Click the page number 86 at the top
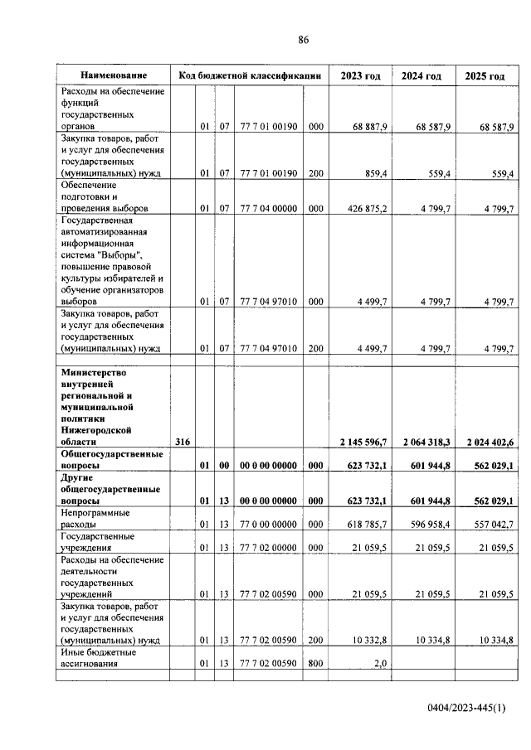pos(304,39)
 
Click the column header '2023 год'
pos(360,76)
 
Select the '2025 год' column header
pos(485,76)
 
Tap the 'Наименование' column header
pos(114,76)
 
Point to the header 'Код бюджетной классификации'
pos(250,76)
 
